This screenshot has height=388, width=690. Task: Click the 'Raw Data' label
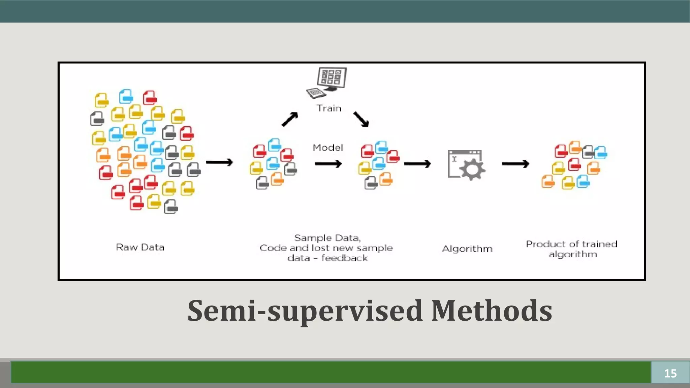(x=140, y=247)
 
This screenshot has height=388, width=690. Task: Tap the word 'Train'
(x=329, y=108)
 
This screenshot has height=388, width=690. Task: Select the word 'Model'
(x=327, y=148)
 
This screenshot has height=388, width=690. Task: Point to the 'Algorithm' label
(x=467, y=249)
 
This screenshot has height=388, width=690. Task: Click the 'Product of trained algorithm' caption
(x=572, y=249)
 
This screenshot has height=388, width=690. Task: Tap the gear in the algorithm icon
(x=472, y=169)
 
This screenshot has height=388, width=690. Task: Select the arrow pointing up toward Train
(x=290, y=119)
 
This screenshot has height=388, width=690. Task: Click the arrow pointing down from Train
(x=361, y=119)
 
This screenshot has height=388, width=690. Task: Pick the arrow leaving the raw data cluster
(x=219, y=162)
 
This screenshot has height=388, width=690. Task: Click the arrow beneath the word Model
(x=328, y=164)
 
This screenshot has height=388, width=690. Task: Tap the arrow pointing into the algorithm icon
(x=417, y=164)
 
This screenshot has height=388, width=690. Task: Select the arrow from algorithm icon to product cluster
(x=515, y=164)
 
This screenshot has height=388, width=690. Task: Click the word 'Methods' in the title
(x=492, y=311)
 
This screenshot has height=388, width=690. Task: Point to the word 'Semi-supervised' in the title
(x=305, y=311)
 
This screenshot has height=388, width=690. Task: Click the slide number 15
(x=670, y=373)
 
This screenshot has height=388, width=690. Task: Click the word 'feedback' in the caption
(x=344, y=258)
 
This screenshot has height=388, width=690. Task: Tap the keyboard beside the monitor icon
(x=316, y=93)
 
